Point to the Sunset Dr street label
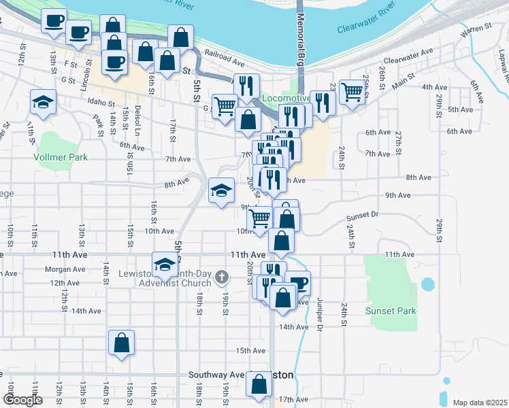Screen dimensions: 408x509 click(362, 216)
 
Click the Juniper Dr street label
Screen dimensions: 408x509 click(319, 315)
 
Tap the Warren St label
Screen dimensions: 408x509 click(475, 30)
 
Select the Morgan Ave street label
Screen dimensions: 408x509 click(64, 269)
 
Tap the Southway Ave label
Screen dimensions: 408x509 click(216, 375)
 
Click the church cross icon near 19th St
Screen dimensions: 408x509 click(222, 277)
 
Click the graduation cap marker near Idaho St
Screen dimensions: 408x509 click(44, 102)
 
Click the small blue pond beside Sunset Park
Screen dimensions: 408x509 click(427, 284)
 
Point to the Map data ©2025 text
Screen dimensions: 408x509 click(479, 403)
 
